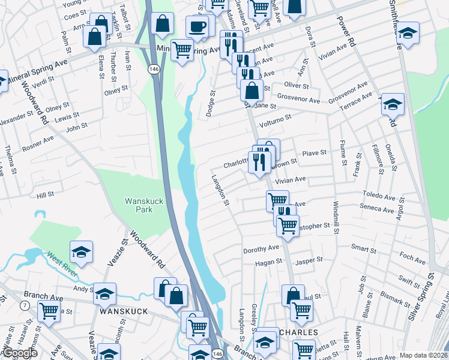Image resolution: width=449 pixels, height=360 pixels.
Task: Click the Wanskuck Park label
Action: click(139, 205)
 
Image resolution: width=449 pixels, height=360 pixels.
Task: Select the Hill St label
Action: click(45, 195)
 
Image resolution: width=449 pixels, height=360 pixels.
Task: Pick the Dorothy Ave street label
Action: click(261, 248)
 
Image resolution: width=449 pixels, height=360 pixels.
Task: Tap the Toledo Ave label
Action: click(379, 197)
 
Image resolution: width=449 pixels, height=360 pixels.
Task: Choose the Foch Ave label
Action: click(412, 259)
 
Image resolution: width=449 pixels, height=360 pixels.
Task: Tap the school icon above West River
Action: click(81, 252)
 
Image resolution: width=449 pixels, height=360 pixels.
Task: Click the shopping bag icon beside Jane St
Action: click(252, 91)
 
